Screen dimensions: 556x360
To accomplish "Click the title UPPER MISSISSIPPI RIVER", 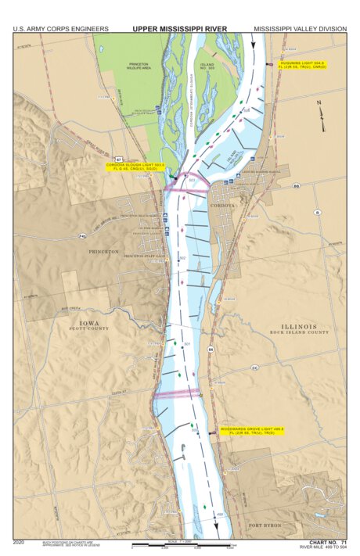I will coord(179,29).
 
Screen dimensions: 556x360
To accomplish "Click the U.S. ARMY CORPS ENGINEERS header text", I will coord(60,29).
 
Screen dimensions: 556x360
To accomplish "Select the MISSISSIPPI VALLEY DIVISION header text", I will coord(300,29).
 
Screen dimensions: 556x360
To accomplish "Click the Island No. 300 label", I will coord(207,66).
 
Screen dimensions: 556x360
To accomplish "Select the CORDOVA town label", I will coord(222,205).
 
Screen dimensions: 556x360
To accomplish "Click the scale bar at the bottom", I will coord(180,543).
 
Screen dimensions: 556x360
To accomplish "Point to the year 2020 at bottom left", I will coord(20,541).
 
